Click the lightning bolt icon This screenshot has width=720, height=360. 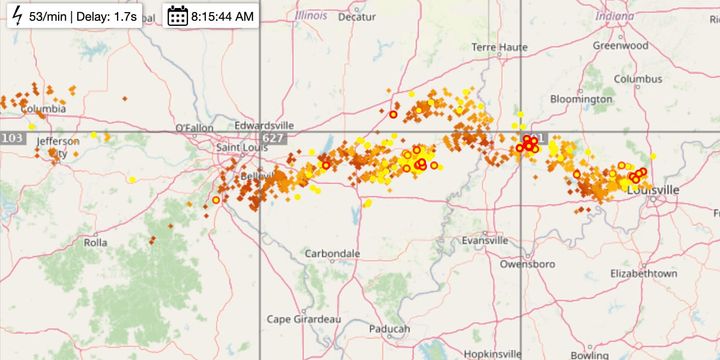click(x=15, y=16)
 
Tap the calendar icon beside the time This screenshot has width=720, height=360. click(x=177, y=16)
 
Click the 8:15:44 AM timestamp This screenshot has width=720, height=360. click(x=222, y=16)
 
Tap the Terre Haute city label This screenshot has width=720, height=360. click(x=498, y=48)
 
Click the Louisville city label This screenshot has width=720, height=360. click(x=652, y=189)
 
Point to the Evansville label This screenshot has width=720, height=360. click(x=487, y=241)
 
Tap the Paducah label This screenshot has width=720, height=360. click(x=388, y=329)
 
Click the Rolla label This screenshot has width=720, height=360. click(x=95, y=242)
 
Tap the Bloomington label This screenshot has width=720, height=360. click(x=581, y=99)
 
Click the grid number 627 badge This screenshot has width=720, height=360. click(x=273, y=138)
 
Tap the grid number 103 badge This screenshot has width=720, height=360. click(x=12, y=138)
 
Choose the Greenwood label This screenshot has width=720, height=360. click(x=620, y=45)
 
